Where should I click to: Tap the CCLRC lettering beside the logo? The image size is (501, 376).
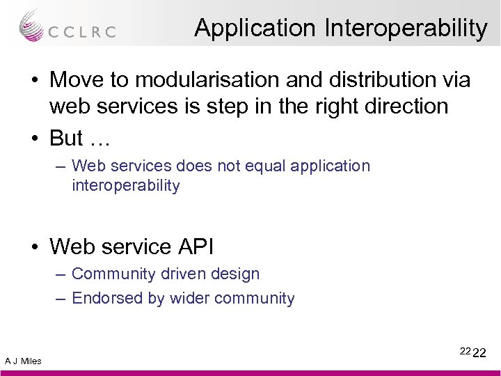[81, 31]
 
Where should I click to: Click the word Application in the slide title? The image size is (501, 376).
[255, 29]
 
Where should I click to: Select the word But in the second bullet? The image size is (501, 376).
[66, 139]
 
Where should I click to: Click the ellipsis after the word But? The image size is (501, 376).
[100, 139]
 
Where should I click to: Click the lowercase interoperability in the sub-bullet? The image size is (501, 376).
[125, 186]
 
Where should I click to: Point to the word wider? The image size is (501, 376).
[187, 299]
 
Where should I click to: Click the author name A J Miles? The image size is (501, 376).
[23, 361]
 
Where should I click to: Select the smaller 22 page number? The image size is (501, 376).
[465, 351]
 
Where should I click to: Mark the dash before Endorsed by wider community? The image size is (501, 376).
[60, 299]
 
